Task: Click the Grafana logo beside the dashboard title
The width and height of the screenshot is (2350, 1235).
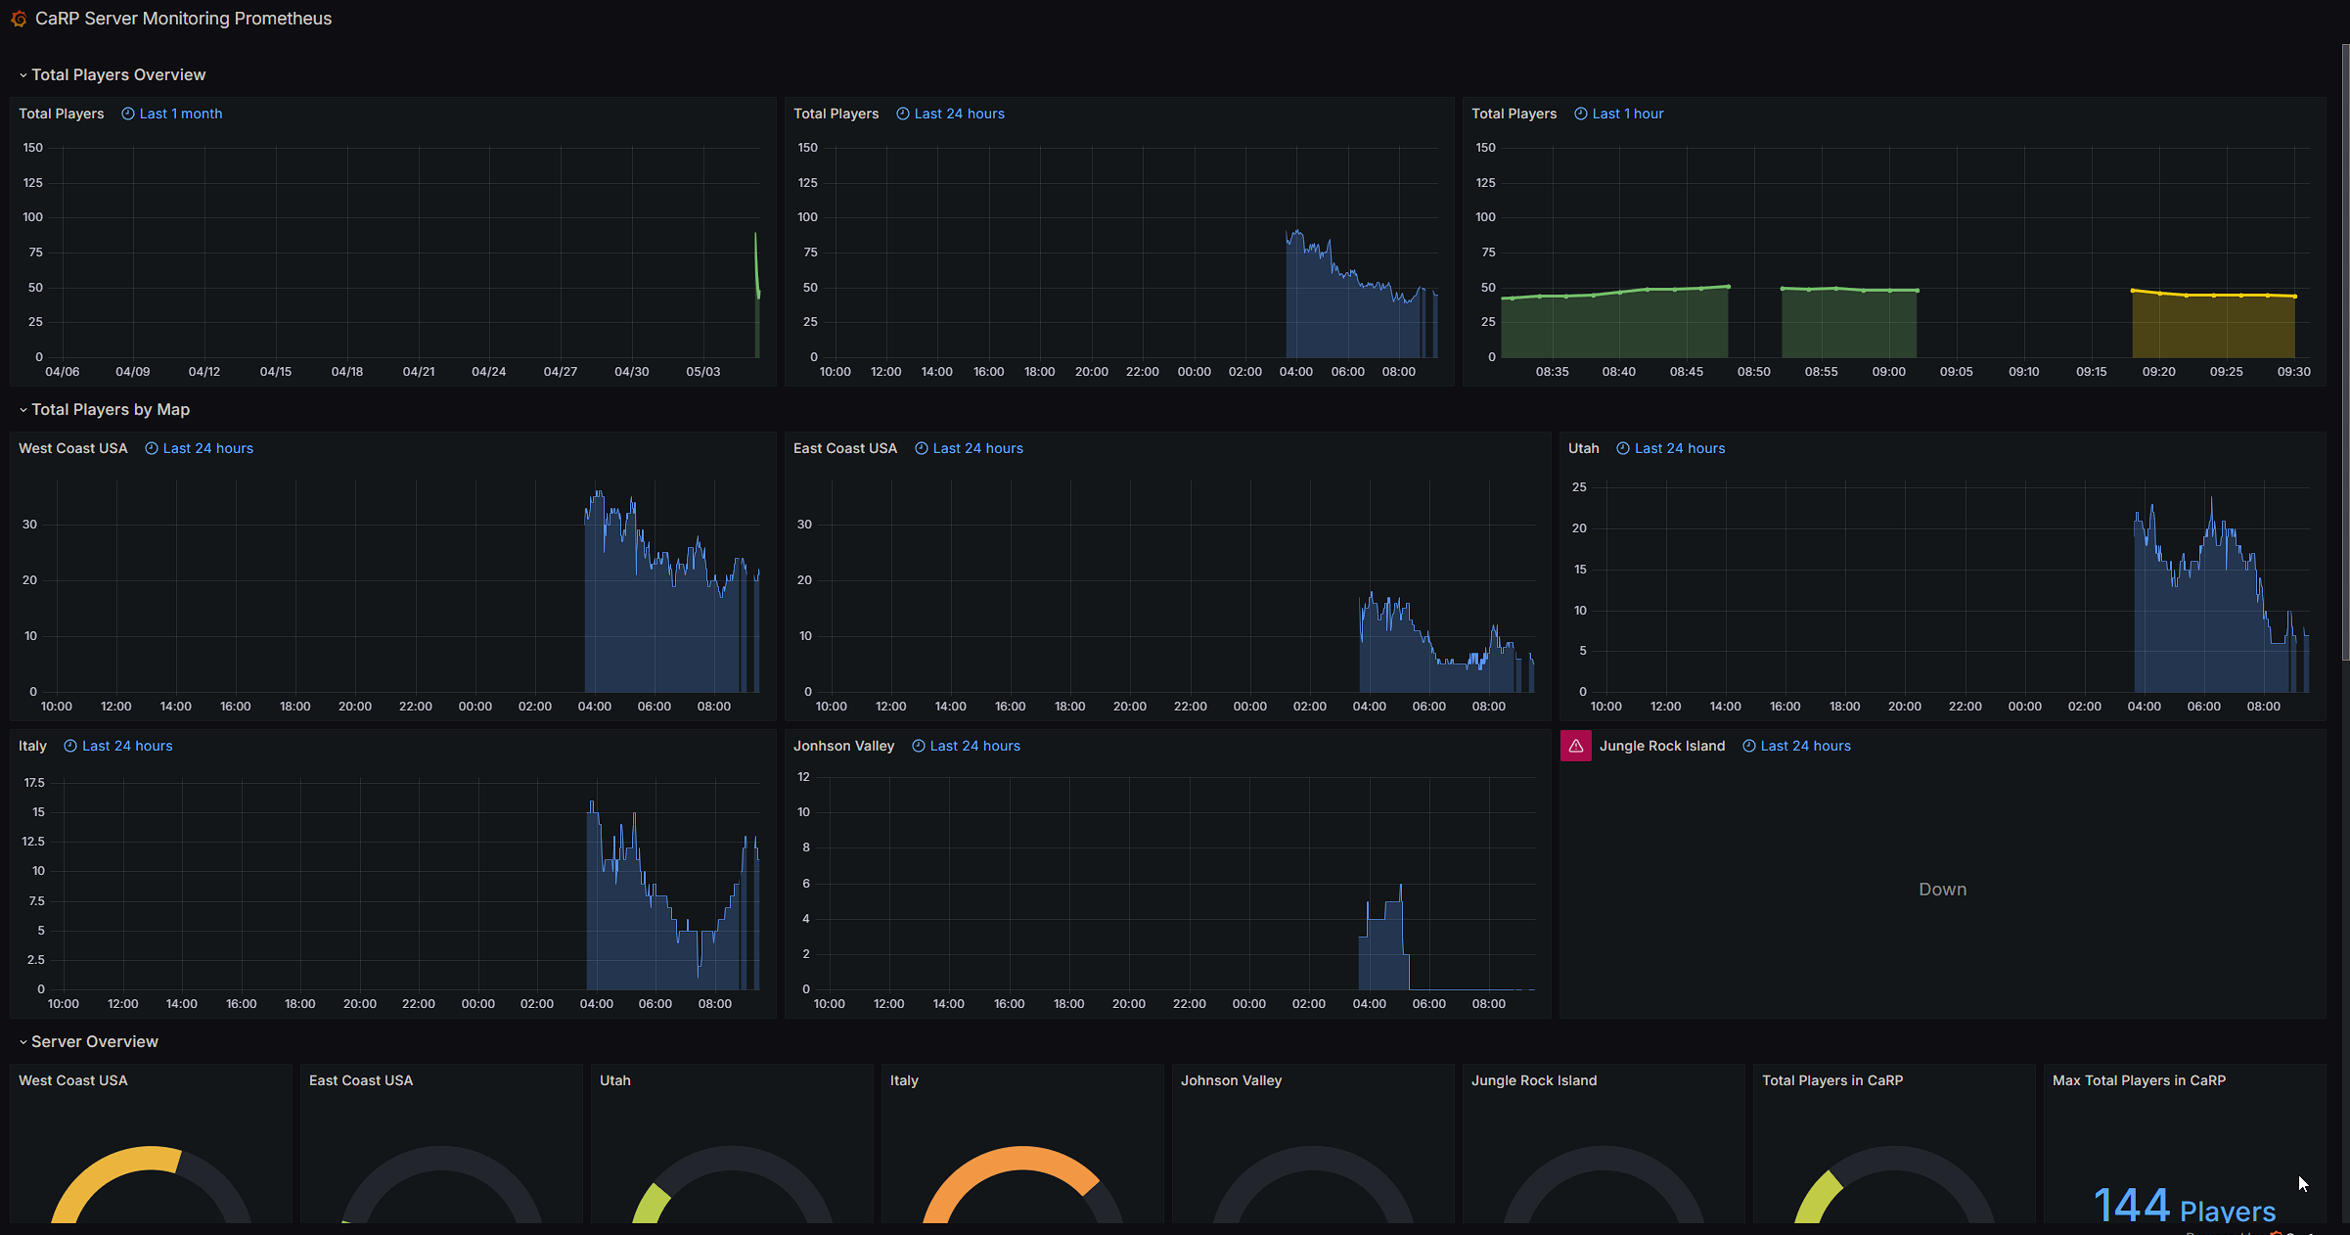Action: click(x=19, y=19)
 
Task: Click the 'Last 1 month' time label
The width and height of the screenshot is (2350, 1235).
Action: click(x=181, y=114)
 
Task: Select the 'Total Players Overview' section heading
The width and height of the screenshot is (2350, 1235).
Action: click(x=118, y=74)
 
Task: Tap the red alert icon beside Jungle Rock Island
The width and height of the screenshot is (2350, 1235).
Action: click(x=1575, y=746)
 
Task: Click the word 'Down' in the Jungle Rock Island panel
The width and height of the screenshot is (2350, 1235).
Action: click(x=1942, y=889)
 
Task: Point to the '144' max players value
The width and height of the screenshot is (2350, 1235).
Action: click(x=2132, y=1205)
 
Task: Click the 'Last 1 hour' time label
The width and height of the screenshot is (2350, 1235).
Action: click(x=1629, y=114)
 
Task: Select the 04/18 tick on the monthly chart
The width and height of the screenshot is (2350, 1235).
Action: click(x=347, y=372)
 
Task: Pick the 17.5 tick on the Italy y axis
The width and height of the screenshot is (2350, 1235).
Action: click(x=34, y=783)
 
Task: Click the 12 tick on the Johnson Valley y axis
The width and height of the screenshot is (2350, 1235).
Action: click(x=803, y=777)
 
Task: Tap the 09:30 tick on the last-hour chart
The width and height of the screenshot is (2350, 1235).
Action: click(x=2293, y=372)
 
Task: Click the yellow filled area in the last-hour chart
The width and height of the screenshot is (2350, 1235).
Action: click(x=2213, y=327)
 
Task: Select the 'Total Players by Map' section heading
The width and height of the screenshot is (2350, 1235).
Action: click(x=111, y=409)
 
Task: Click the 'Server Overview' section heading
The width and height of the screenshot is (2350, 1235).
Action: click(x=95, y=1041)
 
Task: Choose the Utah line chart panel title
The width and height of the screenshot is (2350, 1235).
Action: click(x=1584, y=448)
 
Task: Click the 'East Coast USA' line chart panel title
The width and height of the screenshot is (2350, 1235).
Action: click(x=845, y=448)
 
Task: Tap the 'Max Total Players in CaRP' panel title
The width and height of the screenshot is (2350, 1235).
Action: click(x=2139, y=1080)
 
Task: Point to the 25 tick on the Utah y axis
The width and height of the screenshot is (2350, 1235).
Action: click(x=1579, y=487)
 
